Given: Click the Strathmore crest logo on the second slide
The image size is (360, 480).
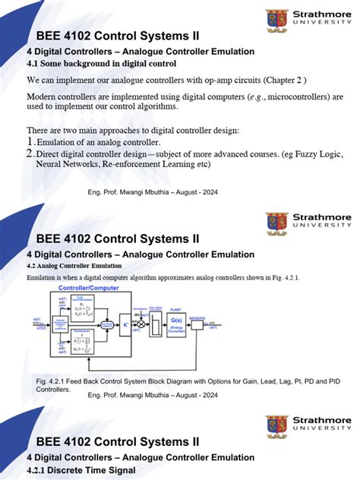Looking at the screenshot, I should pyautogui.click(x=276, y=223).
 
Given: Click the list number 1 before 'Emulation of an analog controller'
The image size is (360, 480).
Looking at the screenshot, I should pyautogui.click(x=30, y=142).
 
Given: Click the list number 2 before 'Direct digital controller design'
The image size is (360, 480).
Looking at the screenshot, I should pyautogui.click(x=30, y=153).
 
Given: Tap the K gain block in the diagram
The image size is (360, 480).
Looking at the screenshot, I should pyautogui.click(x=125, y=327).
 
